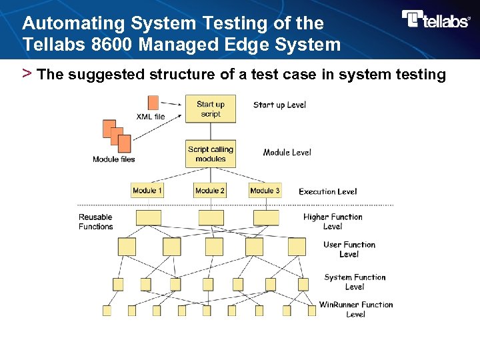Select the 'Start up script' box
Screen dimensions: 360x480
pyautogui.click(x=211, y=109)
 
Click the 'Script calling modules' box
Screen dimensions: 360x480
pyautogui.click(x=211, y=154)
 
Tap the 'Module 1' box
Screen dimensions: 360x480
pyautogui.click(x=147, y=191)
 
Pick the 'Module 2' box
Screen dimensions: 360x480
pyautogui.click(x=210, y=191)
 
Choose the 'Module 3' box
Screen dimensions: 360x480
pyautogui.click(x=265, y=191)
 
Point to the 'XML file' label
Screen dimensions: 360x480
pyautogui.click(x=150, y=117)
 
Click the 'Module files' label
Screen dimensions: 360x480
pyautogui.click(x=113, y=159)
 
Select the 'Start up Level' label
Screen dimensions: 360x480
pyautogui.click(x=279, y=105)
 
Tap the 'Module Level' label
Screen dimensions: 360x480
pyautogui.click(x=287, y=153)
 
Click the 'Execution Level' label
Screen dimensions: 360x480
pyautogui.click(x=327, y=191)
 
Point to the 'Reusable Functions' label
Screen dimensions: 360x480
pyautogui.click(x=95, y=221)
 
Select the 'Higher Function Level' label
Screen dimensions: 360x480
pyautogui.click(x=333, y=221)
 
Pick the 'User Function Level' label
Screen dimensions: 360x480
pyautogui.click(x=349, y=249)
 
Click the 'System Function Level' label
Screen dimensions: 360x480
pyautogui.click(x=355, y=282)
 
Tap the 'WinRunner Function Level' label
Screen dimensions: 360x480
pyautogui.click(x=355, y=309)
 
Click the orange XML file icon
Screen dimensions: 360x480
pyautogui.click(x=153, y=102)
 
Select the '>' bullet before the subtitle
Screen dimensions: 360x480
pyautogui.click(x=27, y=73)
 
